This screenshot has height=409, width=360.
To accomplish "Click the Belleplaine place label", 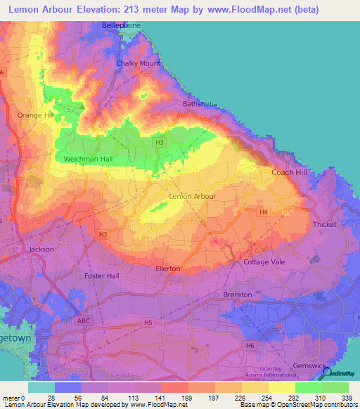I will [122, 26].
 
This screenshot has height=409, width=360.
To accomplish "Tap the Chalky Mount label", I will [138, 63].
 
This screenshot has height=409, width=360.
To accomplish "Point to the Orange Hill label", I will [35, 115].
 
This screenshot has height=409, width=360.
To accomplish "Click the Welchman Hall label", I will [88, 160].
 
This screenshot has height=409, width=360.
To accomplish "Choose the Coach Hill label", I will [288, 172].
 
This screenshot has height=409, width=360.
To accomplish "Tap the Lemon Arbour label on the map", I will [193, 197].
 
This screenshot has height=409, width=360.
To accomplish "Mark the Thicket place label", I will [326, 225].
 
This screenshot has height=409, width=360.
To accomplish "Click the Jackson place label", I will [41, 249].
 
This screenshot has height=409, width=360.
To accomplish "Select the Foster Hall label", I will [101, 276].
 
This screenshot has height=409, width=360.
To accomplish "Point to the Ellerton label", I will [167, 268].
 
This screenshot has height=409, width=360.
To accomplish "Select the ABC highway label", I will [84, 321].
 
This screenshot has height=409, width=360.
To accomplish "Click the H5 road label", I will [147, 323].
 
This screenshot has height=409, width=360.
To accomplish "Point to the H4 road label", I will [263, 212].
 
